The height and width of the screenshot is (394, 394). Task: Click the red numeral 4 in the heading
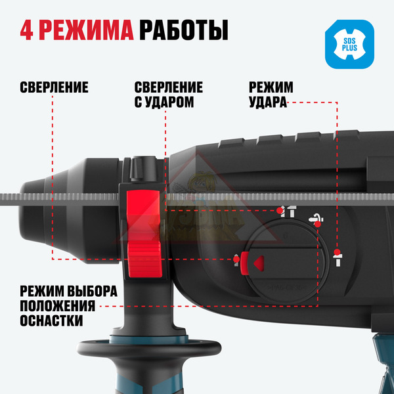pyautogui.click(x=26, y=30)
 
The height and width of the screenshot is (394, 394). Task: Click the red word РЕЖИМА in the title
pyautogui.click(x=86, y=30)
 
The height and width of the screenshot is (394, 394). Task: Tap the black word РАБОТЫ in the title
pyautogui.click(x=184, y=30)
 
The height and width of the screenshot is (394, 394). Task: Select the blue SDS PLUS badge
pyautogui.click(x=349, y=44)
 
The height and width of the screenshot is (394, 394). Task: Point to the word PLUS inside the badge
pyautogui.click(x=349, y=48)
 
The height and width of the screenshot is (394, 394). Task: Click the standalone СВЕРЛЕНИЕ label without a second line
pyautogui.click(x=54, y=87)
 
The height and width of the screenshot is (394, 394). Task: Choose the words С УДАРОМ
pyautogui.click(x=164, y=102)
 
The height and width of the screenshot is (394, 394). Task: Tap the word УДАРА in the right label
pyautogui.click(x=268, y=102)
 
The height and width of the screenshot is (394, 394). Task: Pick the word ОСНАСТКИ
pyautogui.click(x=51, y=320)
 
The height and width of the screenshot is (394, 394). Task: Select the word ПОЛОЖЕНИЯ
pyautogui.click(x=58, y=306)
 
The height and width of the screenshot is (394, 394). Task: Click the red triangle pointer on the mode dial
pyautogui.click(x=259, y=263)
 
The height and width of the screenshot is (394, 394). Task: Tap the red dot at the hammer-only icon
pyautogui.click(x=338, y=252)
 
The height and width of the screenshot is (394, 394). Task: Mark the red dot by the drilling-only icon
pyautogui.click(x=236, y=259)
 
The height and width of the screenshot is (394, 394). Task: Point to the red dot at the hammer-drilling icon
pyautogui.click(x=280, y=210)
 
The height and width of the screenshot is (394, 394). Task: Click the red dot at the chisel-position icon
pyautogui.click(x=318, y=224)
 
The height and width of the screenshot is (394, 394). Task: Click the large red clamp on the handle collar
pyautogui.click(x=144, y=234)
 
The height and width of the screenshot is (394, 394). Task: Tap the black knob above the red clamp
pyautogui.click(x=143, y=168)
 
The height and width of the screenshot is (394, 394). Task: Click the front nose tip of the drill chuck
pyautogui.click(x=22, y=211)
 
